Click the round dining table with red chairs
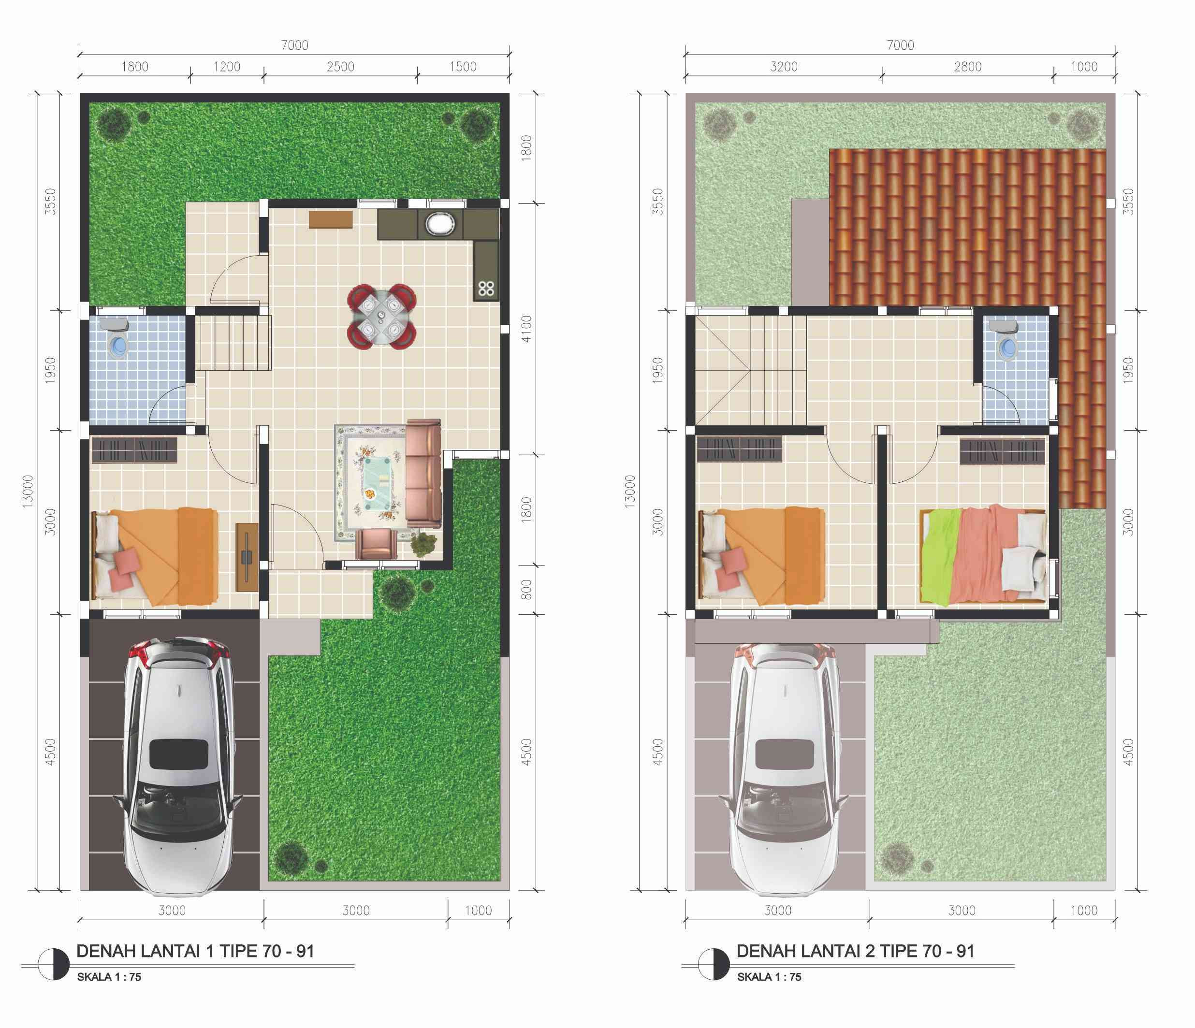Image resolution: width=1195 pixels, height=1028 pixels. [x=381, y=317]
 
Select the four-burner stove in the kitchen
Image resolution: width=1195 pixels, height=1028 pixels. [x=486, y=288]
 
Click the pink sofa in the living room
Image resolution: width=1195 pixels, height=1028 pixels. [x=423, y=473]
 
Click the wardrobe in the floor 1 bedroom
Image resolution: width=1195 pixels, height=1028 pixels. [x=134, y=449]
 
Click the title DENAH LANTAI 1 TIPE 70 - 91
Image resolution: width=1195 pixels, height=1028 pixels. [x=195, y=951]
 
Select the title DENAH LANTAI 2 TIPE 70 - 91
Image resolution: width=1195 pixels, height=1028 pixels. [x=855, y=951]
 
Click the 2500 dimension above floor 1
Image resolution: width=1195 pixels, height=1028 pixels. [x=340, y=67]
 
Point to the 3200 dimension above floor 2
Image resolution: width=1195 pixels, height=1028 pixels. [x=784, y=67]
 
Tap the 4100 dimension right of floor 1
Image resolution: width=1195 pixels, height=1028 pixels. [x=525, y=329]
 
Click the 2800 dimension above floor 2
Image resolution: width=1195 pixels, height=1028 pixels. [x=967, y=67]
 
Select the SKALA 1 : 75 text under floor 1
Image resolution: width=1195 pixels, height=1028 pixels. [x=109, y=977]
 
